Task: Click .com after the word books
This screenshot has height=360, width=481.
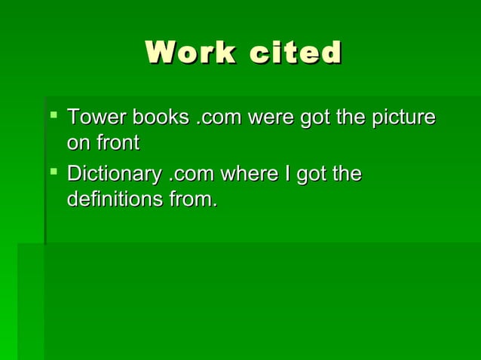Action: pyautogui.click(x=219, y=118)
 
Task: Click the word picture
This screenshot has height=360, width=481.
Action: pyautogui.click(x=403, y=118)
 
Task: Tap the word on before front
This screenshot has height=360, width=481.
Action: pyautogui.click(x=78, y=143)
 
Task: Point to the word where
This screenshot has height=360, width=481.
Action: pyautogui.click(x=247, y=175)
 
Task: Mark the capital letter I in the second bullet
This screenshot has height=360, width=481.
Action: pyautogui.click(x=285, y=175)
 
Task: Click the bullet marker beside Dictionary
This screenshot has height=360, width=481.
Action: pyautogui.click(x=54, y=172)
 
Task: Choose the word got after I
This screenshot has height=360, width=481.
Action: pyautogui.click(x=311, y=175)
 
